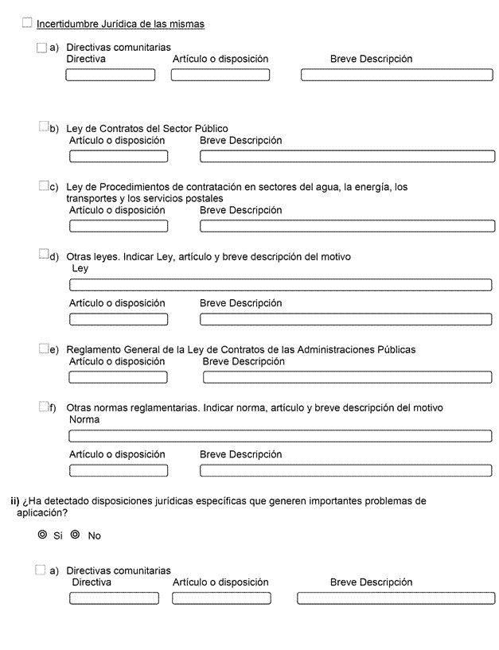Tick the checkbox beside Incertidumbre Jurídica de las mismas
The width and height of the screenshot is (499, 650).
(28, 23)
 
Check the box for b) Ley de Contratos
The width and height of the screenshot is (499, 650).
(44, 126)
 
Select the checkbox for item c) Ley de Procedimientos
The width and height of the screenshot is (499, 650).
(44, 185)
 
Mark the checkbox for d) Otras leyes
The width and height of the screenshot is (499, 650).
(44, 255)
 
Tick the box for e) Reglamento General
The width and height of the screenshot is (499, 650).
(44, 348)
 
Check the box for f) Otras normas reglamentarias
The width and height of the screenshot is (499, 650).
(44, 407)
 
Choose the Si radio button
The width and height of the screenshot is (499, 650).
(43, 535)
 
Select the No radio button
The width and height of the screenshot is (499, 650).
(76, 535)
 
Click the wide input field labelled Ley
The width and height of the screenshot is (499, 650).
(280, 285)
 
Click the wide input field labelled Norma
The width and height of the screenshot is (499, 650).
(280, 436)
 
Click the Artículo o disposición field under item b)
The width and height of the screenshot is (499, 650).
(119, 156)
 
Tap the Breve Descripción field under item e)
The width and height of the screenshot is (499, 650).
(347, 377)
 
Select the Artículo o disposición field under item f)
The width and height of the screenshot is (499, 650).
(119, 470)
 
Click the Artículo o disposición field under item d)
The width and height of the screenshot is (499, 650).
(119, 319)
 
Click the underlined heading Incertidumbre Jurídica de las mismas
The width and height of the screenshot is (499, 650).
(120, 25)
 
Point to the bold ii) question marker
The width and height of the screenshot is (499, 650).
(14, 501)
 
